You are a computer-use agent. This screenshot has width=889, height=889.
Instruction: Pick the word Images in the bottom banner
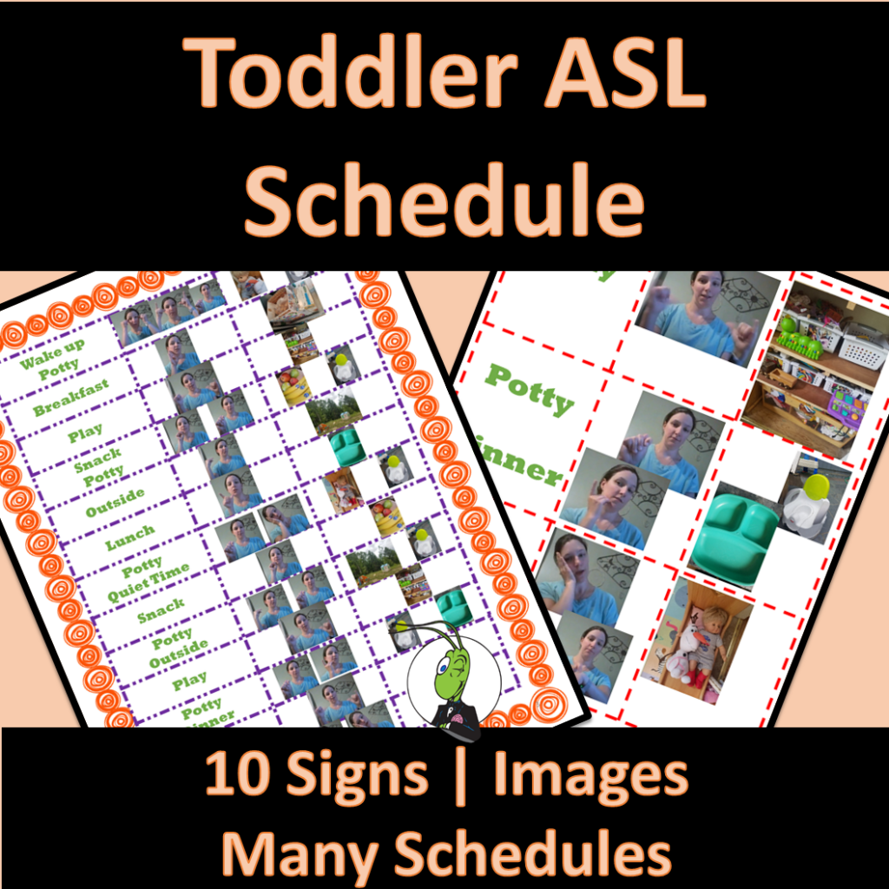click(590, 775)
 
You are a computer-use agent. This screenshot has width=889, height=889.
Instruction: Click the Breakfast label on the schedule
click(71, 398)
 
